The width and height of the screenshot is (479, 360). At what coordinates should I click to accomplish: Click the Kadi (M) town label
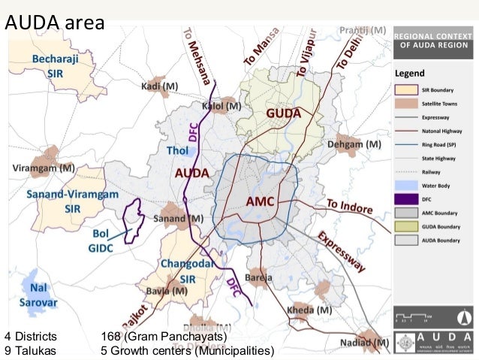coord(158,86)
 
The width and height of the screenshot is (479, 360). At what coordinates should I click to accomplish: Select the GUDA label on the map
coord(282,113)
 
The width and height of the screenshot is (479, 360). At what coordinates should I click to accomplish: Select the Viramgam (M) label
coord(43,167)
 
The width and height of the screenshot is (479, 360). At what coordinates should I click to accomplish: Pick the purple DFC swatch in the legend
coord(406,199)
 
